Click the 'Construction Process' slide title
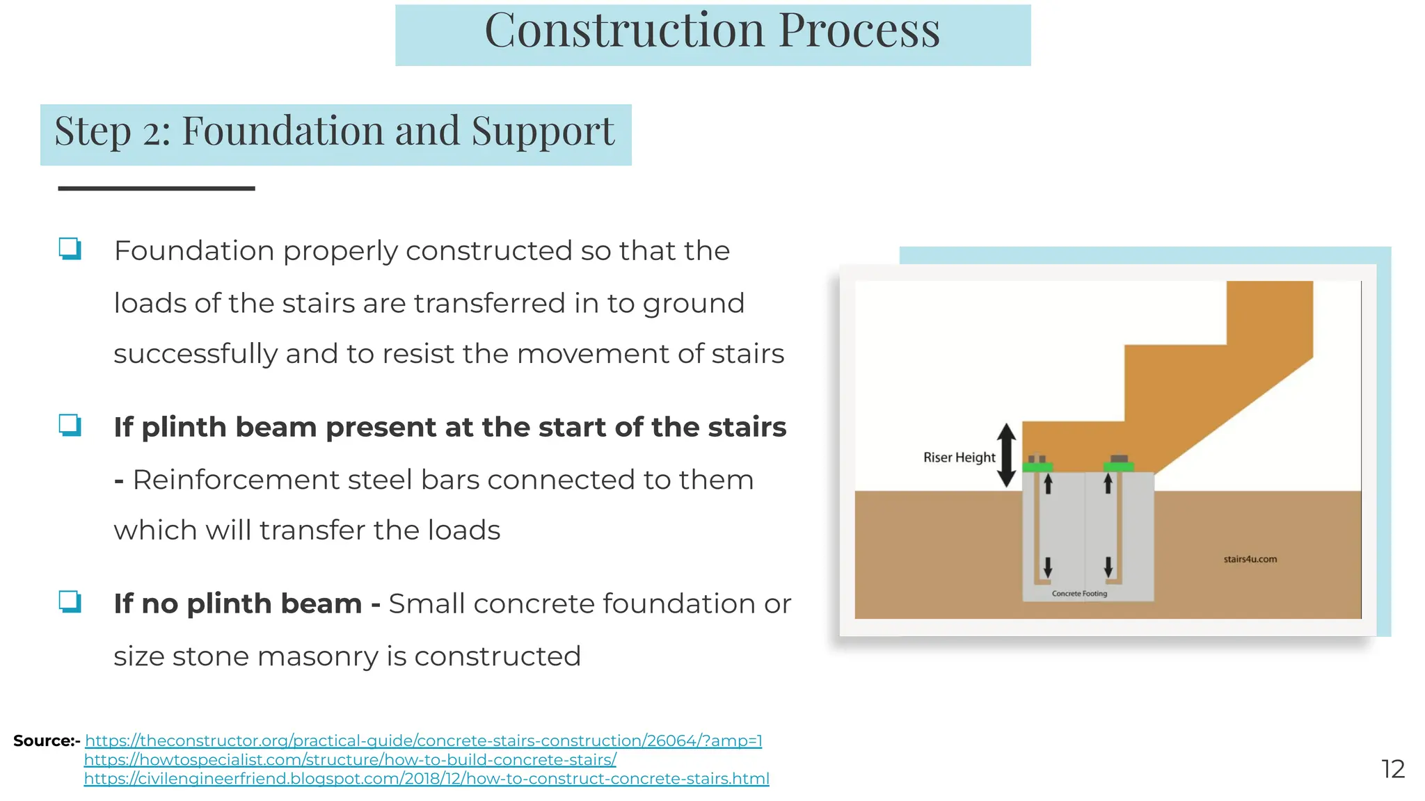(x=712, y=31)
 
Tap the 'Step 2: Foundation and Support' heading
(x=335, y=132)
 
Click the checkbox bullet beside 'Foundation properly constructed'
(x=70, y=249)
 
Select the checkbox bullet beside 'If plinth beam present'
(x=70, y=426)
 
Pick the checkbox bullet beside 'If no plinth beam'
(x=70, y=602)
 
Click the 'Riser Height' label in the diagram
(x=959, y=458)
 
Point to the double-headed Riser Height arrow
(x=1006, y=455)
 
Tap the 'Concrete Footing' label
(x=1079, y=594)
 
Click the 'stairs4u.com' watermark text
(x=1250, y=559)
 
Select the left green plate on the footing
(x=1037, y=467)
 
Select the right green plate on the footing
(x=1119, y=467)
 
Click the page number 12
(x=1393, y=769)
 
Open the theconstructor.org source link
(x=423, y=741)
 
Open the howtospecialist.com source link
(x=350, y=760)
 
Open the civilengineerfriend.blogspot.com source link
(x=427, y=779)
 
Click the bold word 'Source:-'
(x=46, y=741)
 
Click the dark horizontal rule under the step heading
(x=157, y=188)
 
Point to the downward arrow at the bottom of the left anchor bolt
(x=1048, y=567)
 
